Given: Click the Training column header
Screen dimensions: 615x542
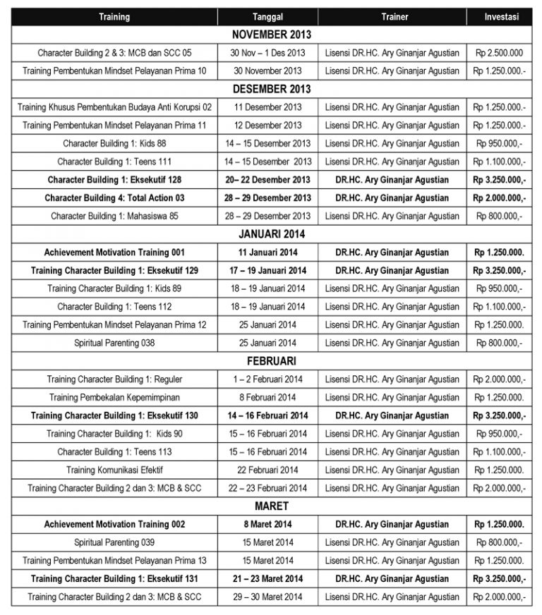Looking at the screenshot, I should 114,16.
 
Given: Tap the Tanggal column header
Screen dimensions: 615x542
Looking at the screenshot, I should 267,16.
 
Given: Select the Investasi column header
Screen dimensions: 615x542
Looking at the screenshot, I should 502,16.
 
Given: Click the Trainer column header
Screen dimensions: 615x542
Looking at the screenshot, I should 394,16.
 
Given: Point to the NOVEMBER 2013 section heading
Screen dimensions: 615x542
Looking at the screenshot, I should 272,34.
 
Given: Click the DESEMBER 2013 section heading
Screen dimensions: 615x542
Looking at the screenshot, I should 272,89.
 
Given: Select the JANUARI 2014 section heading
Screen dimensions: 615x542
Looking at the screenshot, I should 272,233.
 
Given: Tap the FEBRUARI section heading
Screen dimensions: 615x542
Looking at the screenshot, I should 272,360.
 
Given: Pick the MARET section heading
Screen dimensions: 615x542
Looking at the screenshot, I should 272,506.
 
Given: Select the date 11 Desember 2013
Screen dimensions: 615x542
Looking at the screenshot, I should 267,107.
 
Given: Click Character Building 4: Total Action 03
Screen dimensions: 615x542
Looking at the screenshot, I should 114,197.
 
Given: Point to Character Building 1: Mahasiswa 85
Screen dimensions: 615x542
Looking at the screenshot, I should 114,216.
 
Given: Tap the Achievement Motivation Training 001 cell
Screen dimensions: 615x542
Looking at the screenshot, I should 114,252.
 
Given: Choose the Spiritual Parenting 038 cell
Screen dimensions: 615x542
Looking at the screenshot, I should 114,343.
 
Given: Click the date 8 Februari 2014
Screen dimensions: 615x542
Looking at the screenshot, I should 267,397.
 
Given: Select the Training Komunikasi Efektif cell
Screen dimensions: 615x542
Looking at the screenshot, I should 114,470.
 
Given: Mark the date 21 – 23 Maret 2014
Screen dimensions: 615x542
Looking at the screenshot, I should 267,578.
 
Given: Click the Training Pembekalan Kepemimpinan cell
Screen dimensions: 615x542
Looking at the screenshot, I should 114,397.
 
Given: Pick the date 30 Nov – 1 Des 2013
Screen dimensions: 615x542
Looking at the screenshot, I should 267,52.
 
